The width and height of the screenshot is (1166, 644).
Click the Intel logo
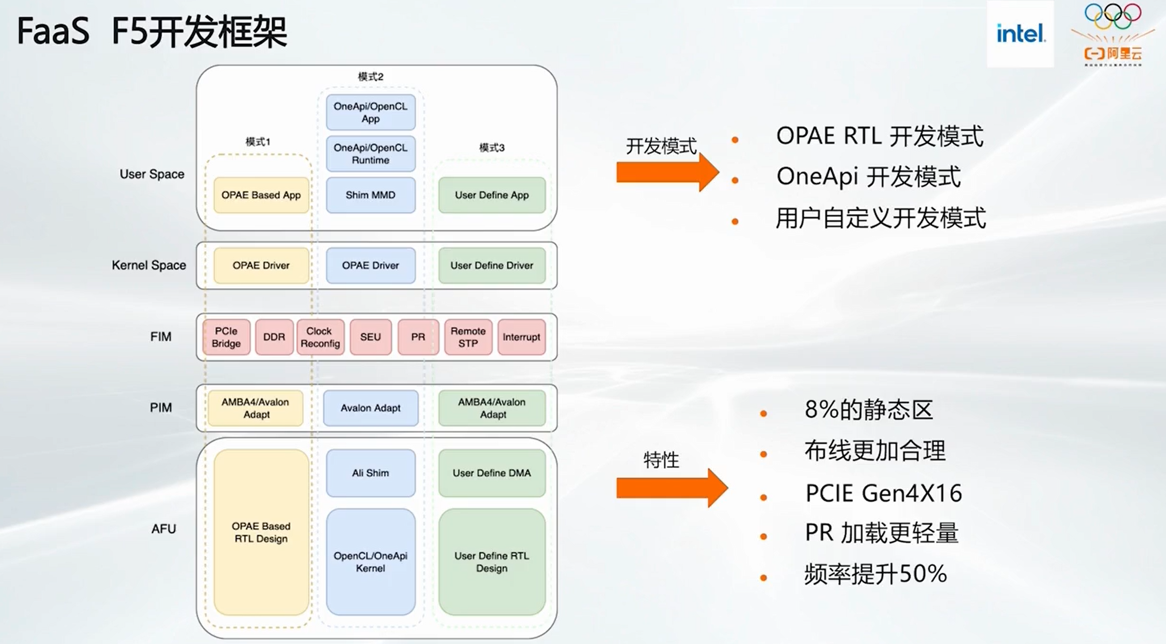click(1020, 34)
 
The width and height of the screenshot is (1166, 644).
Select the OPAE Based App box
click(261, 195)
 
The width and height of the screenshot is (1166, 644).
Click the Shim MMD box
click(370, 195)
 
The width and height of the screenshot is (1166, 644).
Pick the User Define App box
click(492, 195)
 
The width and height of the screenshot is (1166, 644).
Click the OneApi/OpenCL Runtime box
click(370, 154)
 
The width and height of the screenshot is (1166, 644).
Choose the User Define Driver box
click(492, 266)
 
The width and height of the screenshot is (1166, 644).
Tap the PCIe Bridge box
click(226, 337)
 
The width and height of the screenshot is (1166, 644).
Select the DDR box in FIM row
click(274, 337)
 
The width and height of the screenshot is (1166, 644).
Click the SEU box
click(370, 337)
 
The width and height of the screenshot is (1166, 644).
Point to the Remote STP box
click(468, 337)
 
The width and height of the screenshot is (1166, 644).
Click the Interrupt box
click(521, 337)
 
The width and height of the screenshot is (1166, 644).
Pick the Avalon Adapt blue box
click(370, 408)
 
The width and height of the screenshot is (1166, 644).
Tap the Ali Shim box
click(370, 473)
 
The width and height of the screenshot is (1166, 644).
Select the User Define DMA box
click(492, 473)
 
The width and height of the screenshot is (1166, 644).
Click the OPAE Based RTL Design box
click(261, 532)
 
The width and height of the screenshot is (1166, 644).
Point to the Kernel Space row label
click(149, 265)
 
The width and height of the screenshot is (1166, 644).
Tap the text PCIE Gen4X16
click(883, 493)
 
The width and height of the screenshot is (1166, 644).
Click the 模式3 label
click(492, 148)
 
